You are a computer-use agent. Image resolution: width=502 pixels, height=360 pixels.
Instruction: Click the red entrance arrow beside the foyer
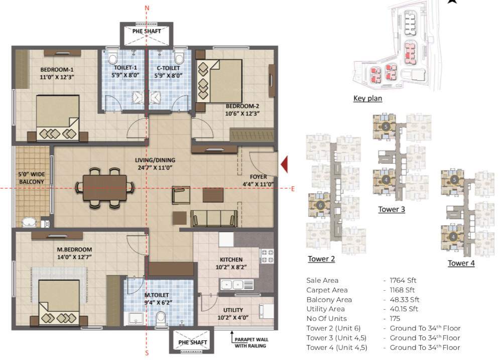click(x=284, y=164)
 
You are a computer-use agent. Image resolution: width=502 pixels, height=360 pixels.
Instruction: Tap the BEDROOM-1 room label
click(x=57, y=70)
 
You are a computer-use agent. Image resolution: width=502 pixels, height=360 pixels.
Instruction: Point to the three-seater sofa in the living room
click(x=215, y=218)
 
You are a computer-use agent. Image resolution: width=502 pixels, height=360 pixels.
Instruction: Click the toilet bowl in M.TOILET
click(x=161, y=317)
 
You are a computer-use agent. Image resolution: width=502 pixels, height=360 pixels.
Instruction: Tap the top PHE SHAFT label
click(x=147, y=31)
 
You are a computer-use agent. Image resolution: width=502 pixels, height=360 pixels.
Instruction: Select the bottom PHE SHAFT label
click(x=193, y=342)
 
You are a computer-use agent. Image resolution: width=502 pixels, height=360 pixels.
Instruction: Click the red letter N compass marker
click(x=147, y=8)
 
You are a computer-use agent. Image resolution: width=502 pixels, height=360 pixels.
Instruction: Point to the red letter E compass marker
click(x=292, y=188)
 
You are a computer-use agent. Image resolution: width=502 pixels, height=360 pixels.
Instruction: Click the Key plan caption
click(x=367, y=98)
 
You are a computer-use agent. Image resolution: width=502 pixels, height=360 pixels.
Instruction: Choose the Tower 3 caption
click(x=392, y=209)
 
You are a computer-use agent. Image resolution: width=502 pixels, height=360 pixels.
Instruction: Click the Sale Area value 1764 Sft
click(x=400, y=280)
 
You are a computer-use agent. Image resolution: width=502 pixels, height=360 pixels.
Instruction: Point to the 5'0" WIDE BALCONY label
click(x=31, y=178)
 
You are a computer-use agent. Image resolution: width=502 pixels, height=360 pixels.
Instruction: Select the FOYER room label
click(x=258, y=177)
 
